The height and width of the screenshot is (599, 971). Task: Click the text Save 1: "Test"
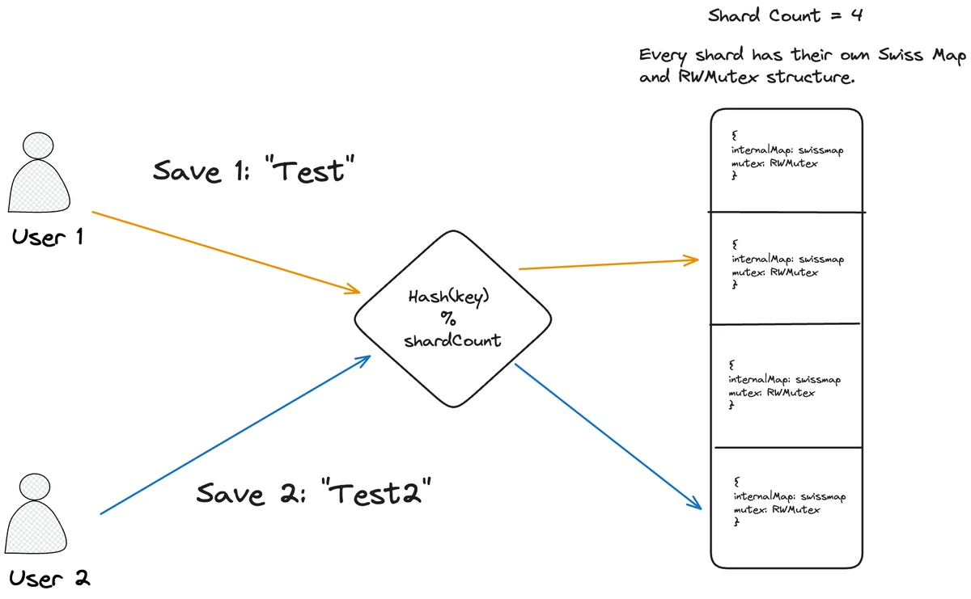(x=254, y=171)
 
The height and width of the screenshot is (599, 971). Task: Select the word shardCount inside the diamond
(x=452, y=340)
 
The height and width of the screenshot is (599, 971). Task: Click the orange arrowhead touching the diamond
(x=354, y=289)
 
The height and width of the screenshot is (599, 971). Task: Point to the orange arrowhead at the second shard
(x=693, y=259)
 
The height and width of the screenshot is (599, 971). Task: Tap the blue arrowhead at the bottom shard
(x=693, y=504)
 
